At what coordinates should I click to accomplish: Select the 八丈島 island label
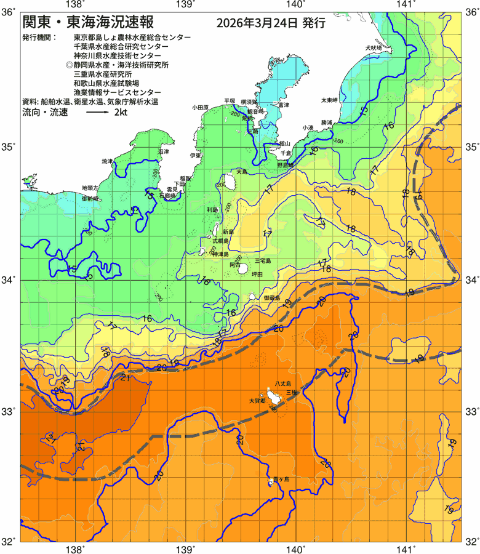click(x=284, y=382)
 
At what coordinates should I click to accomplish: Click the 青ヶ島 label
click(x=281, y=478)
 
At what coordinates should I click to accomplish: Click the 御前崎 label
click(x=90, y=199)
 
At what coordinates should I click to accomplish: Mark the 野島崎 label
click(x=286, y=165)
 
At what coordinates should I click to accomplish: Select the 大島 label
click(x=241, y=172)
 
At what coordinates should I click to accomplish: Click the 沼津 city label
click(x=163, y=151)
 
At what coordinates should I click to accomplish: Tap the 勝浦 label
click(x=326, y=122)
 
